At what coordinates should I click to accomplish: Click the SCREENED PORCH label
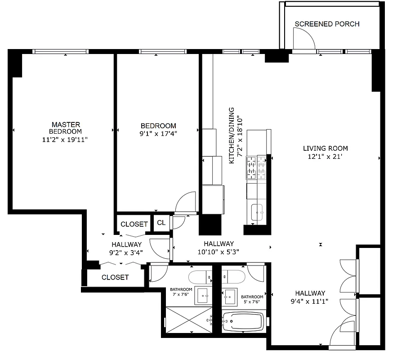point(327,24)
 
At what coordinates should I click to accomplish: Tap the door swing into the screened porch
point(304,38)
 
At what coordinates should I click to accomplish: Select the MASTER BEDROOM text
point(66,128)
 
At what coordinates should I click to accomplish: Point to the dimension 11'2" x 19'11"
point(66,139)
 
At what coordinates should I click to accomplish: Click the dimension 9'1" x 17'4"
point(158,134)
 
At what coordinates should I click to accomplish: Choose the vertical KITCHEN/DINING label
point(232,135)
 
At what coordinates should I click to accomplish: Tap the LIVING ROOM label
point(325,148)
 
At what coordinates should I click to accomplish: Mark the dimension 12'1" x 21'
point(325,157)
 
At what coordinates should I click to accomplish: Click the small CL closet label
point(161,223)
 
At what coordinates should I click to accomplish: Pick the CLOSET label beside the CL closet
point(134,224)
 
